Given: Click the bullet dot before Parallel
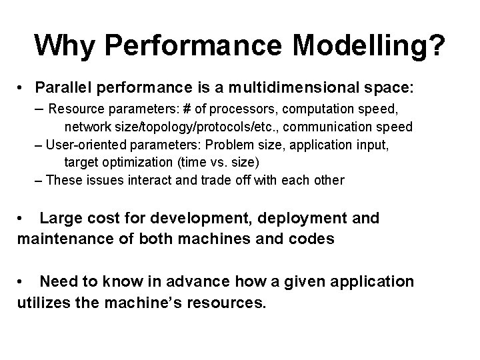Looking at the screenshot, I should (23, 88).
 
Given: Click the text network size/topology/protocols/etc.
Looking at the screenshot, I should (166, 127).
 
